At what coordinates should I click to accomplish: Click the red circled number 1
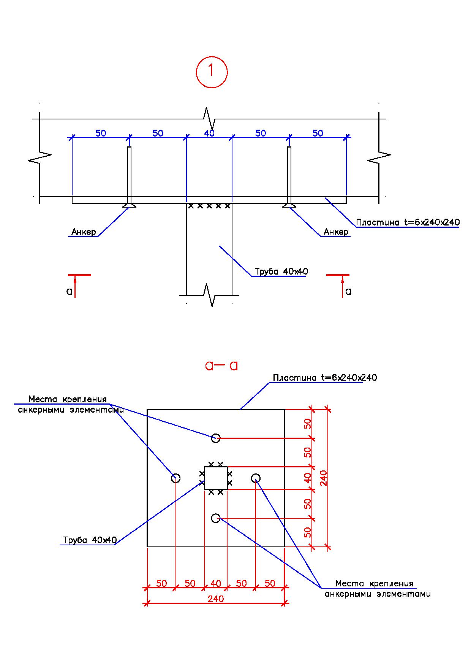pos(212,72)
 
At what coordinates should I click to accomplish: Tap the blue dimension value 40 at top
pos(209,133)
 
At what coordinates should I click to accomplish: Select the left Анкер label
pos(84,232)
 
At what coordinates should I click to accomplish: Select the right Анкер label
pos(336,232)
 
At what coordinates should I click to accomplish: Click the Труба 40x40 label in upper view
pos(281,272)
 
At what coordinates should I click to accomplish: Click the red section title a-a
pos(221,366)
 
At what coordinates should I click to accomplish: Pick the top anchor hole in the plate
pos(216,438)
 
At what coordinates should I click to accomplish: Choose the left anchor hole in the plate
pos(175,478)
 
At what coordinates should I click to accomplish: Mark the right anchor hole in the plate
pos(256,478)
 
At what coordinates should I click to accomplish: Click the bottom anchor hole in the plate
pos(216,518)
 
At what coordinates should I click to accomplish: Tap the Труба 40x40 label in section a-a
pos(90,540)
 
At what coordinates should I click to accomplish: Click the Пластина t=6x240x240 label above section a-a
pos(325,378)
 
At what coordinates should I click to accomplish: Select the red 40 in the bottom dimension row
pos(216,583)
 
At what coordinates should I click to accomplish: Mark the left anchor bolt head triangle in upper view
pos(130,205)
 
